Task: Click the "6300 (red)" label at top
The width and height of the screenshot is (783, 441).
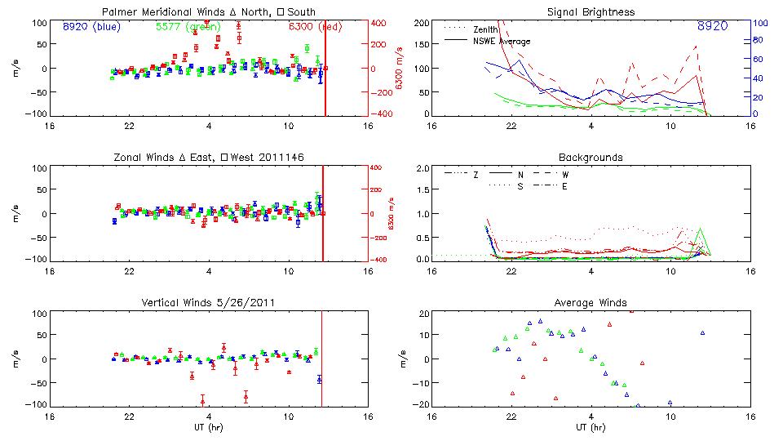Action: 316,26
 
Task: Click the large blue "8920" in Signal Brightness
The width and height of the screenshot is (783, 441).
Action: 713,26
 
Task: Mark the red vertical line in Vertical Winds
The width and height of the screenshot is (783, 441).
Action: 322,359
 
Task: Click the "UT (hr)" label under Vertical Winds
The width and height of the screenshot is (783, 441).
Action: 209,427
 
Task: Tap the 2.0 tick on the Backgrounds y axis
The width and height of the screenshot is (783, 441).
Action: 422,169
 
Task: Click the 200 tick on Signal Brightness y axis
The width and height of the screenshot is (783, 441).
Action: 421,23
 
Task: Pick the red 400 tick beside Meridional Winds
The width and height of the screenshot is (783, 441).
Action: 379,23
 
